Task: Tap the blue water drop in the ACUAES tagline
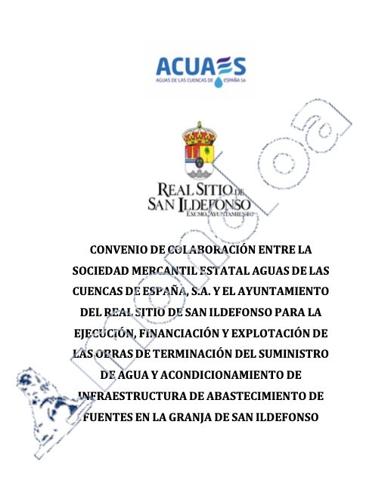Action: [x=219, y=79]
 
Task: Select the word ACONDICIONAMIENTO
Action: [x=219, y=374]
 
